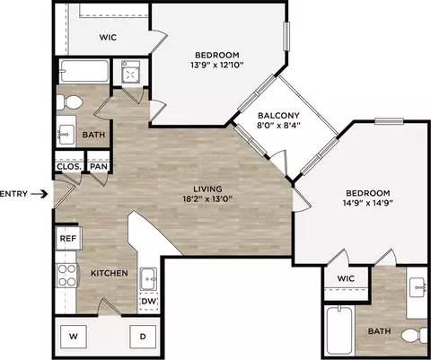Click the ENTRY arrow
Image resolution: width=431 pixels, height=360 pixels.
(40, 194)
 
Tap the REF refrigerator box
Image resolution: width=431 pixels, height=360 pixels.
(68, 238)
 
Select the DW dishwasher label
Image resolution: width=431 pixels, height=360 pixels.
(148, 301)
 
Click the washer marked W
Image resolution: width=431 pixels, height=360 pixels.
(74, 337)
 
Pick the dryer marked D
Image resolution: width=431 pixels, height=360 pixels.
(143, 337)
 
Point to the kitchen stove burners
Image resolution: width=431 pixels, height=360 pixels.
(67, 276)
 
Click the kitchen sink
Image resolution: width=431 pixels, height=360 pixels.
(148, 279)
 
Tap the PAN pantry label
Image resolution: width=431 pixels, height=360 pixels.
(99, 166)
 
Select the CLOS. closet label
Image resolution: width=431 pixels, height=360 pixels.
(69, 166)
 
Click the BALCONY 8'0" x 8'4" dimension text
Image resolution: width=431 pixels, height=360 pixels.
(278, 125)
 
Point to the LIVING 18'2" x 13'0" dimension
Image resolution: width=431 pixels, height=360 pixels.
(207, 198)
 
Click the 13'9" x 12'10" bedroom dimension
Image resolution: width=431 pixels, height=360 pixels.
(217, 65)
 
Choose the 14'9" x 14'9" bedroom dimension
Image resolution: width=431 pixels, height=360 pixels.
(368, 203)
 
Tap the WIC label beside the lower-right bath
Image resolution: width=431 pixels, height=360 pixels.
(346, 278)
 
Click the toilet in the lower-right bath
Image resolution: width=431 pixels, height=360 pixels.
(414, 336)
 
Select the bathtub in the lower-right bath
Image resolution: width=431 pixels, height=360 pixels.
(339, 330)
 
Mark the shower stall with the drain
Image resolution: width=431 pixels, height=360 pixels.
(130, 72)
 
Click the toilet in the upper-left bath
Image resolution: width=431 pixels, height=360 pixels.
(69, 102)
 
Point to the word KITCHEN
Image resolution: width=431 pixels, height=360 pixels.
(110, 273)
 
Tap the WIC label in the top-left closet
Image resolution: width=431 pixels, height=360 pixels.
(108, 38)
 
